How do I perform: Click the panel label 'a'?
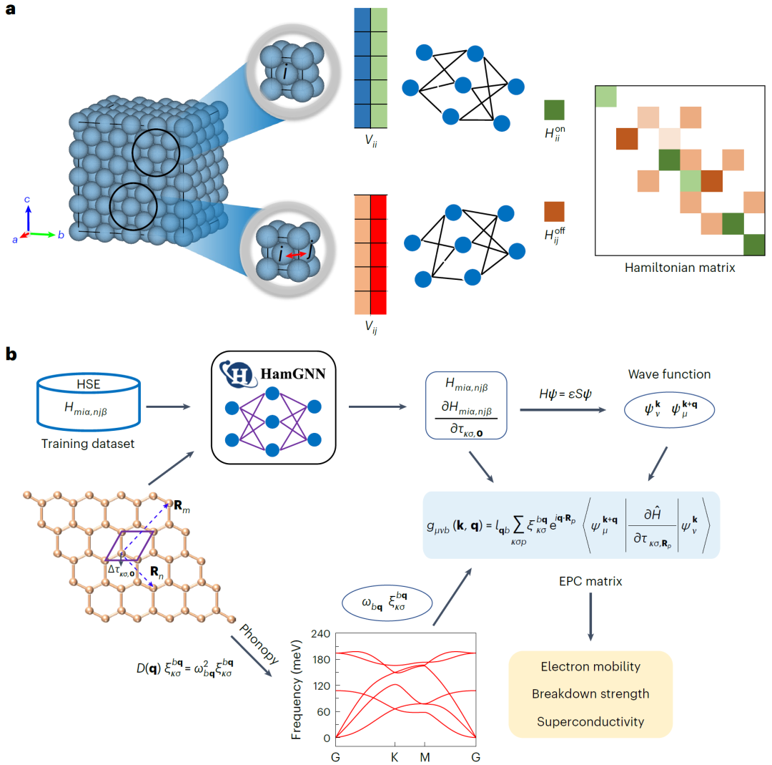pyautogui.click(x=10, y=9)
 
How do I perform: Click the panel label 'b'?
pyautogui.click(x=11, y=354)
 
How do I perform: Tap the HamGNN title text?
pyautogui.click(x=293, y=374)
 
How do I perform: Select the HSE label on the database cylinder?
pyautogui.click(x=89, y=384)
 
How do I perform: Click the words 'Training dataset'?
pyautogui.click(x=88, y=444)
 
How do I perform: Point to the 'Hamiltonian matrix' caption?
pyautogui.click(x=680, y=268)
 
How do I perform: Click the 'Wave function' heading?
pyautogui.click(x=669, y=374)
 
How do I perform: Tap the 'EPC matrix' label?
pyautogui.click(x=590, y=581)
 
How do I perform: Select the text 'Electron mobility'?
pyautogui.click(x=590, y=666)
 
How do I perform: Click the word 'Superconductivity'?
pyautogui.click(x=590, y=721)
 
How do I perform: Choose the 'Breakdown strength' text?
pyautogui.click(x=590, y=694)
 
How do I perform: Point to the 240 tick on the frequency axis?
pyautogui.click(x=320, y=633)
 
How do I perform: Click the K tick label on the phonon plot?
pyautogui.click(x=395, y=757)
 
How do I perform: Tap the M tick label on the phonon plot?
pyautogui.click(x=425, y=757)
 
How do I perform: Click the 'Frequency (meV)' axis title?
pyautogui.click(x=296, y=690)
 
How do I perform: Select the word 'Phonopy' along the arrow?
pyautogui.click(x=259, y=643)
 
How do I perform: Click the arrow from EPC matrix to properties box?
pyautogui.click(x=590, y=617)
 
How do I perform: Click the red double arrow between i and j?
pyautogui.click(x=297, y=254)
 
